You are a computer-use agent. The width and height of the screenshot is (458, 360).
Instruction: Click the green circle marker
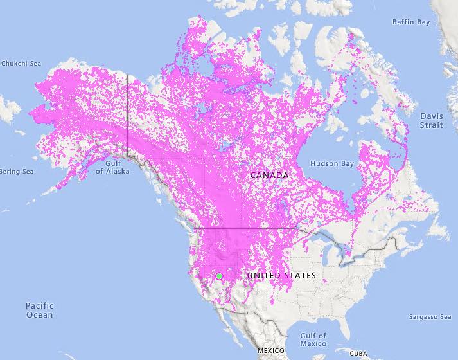[220, 276]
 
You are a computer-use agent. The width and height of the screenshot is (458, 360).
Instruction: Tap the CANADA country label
[269, 175]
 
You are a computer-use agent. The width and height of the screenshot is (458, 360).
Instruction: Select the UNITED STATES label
[281, 276]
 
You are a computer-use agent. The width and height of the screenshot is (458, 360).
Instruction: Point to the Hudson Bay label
[332, 164]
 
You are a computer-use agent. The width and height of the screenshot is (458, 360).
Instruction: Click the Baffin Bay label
[411, 22]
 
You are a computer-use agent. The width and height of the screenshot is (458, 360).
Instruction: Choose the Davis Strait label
[431, 120]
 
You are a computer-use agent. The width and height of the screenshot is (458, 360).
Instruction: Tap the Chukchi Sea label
[21, 63]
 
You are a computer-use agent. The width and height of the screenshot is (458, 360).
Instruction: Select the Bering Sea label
[16, 172]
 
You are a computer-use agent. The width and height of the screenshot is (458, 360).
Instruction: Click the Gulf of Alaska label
[109, 168]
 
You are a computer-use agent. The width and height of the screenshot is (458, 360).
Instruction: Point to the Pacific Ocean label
[40, 310]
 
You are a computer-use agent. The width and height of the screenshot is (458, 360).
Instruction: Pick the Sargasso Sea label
[431, 317]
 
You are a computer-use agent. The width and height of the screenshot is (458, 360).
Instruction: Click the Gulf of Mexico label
[313, 339]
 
